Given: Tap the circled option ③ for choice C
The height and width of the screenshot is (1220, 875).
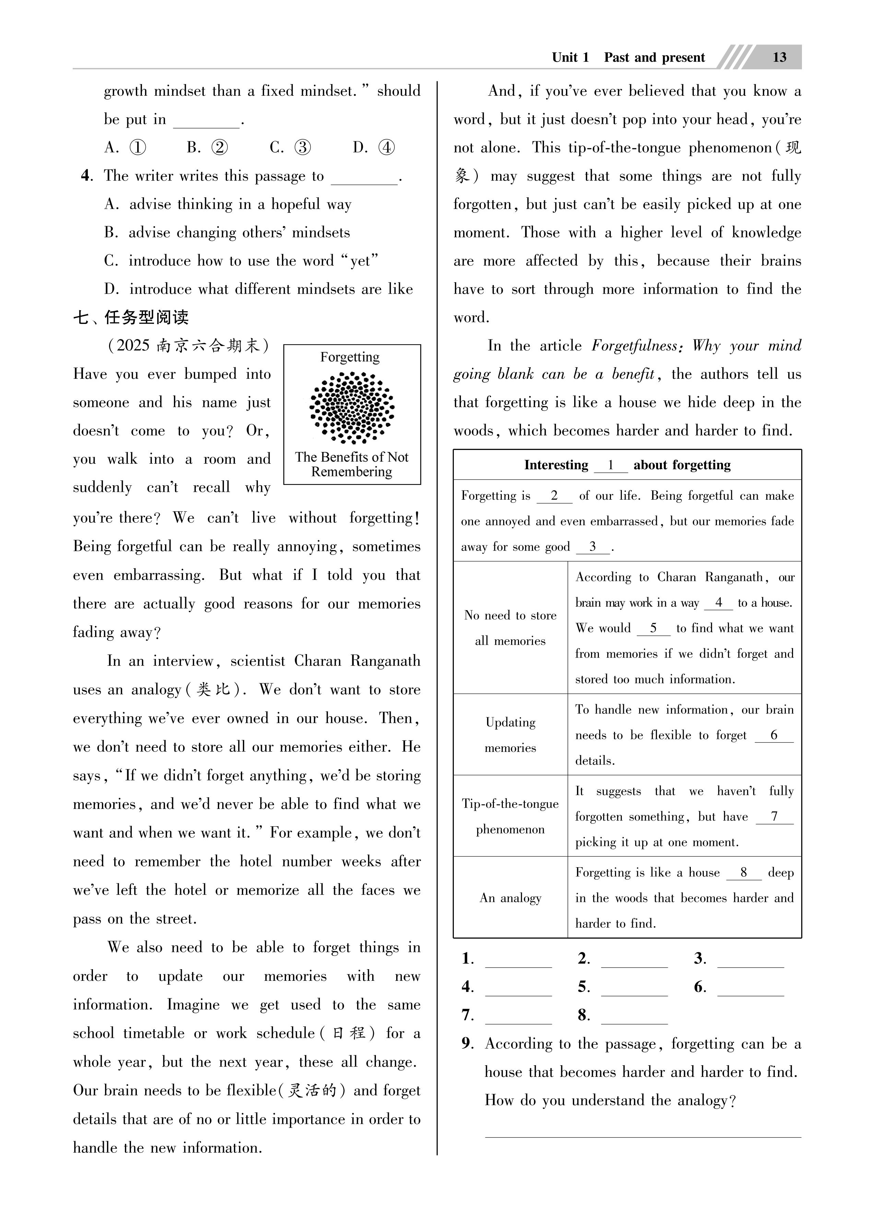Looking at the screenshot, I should pos(303,147).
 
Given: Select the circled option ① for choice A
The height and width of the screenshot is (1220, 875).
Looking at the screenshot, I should pos(138,147).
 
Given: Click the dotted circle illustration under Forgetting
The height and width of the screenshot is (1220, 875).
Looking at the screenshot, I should pos(352,407).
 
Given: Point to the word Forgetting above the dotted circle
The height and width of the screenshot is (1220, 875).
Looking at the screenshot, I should pos(350,357).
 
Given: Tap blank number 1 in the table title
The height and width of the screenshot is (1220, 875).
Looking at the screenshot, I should pos(611,465).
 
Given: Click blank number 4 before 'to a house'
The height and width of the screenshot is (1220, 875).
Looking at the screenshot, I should pos(719,603).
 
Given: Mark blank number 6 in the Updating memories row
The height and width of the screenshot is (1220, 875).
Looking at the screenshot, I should pos(774,735).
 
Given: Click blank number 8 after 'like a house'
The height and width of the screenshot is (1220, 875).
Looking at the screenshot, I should pos(744,872).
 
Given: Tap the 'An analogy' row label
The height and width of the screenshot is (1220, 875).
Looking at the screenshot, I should pos(510,898).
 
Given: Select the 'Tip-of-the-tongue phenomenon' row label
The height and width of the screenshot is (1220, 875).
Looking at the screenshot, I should pos(510,816).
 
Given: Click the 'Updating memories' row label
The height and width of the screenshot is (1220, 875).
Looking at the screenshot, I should pos(510,735).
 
